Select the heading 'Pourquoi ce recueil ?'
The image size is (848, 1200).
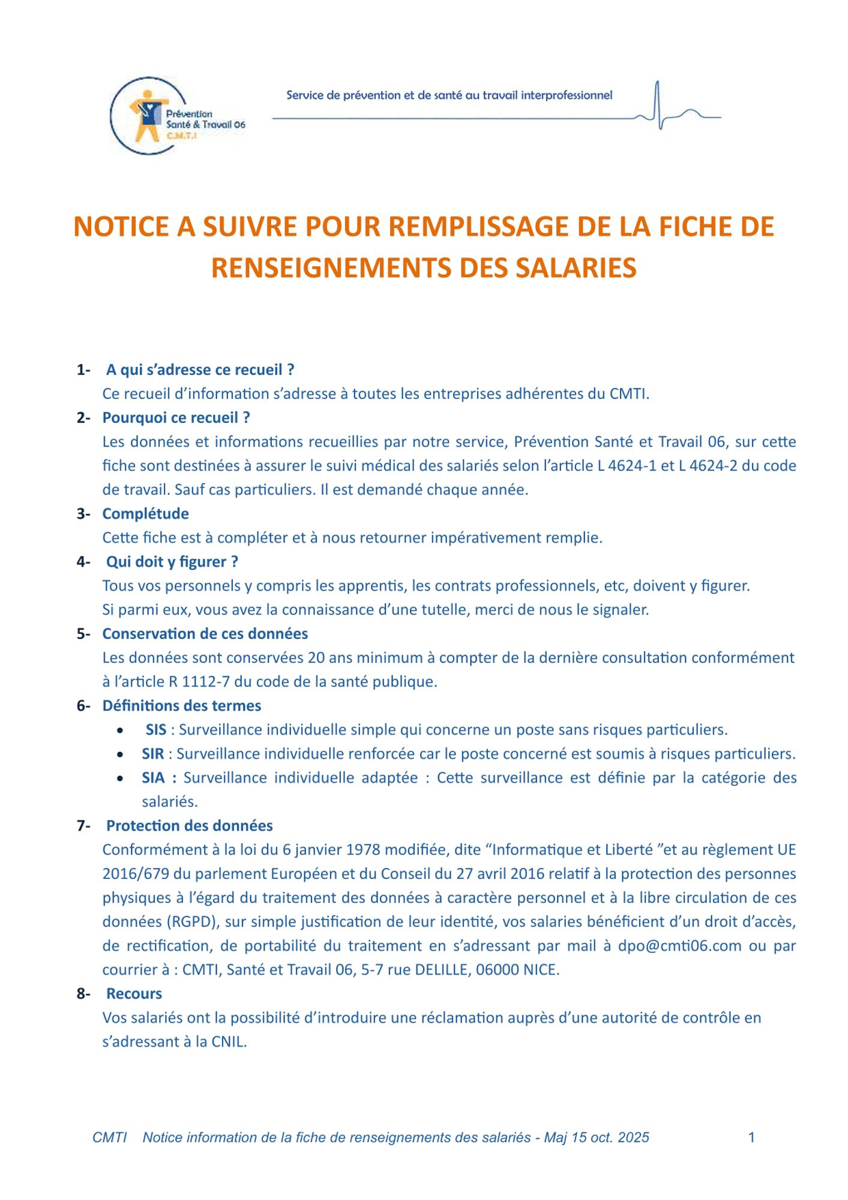click(176, 418)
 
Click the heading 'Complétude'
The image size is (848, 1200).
click(145, 514)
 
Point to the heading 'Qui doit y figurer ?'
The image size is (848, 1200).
click(172, 562)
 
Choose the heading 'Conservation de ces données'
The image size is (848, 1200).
click(205, 634)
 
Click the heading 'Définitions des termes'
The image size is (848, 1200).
click(181, 706)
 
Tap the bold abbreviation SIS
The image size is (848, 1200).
click(156, 730)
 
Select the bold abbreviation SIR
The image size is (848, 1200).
click(153, 754)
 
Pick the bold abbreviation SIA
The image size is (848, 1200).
click(153, 778)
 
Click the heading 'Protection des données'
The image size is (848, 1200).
click(189, 826)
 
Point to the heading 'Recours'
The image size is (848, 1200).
click(134, 994)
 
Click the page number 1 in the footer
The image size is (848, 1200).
click(751, 1137)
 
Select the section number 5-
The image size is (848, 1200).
click(83, 634)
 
